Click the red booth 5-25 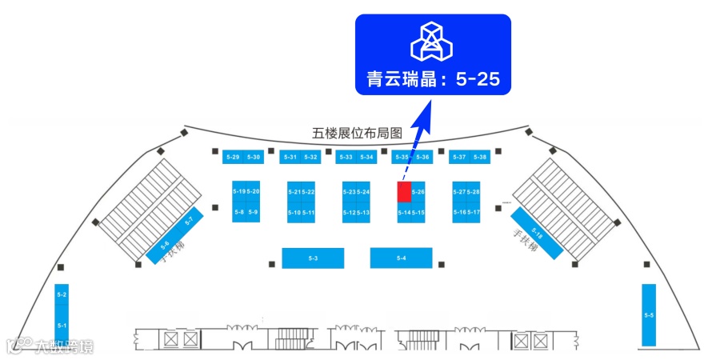(404, 192)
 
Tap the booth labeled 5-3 (313, 258)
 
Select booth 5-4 (401, 258)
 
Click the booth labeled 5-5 (649, 315)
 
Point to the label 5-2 (62, 296)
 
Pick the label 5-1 (62, 325)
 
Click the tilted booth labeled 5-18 (538, 234)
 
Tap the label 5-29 (233, 157)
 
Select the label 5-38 (480, 157)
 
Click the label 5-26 (418, 192)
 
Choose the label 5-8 (239, 212)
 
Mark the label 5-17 (474, 212)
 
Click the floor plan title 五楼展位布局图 (357, 134)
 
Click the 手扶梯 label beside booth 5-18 (526, 242)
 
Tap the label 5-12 (349, 212)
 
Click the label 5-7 (189, 221)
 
